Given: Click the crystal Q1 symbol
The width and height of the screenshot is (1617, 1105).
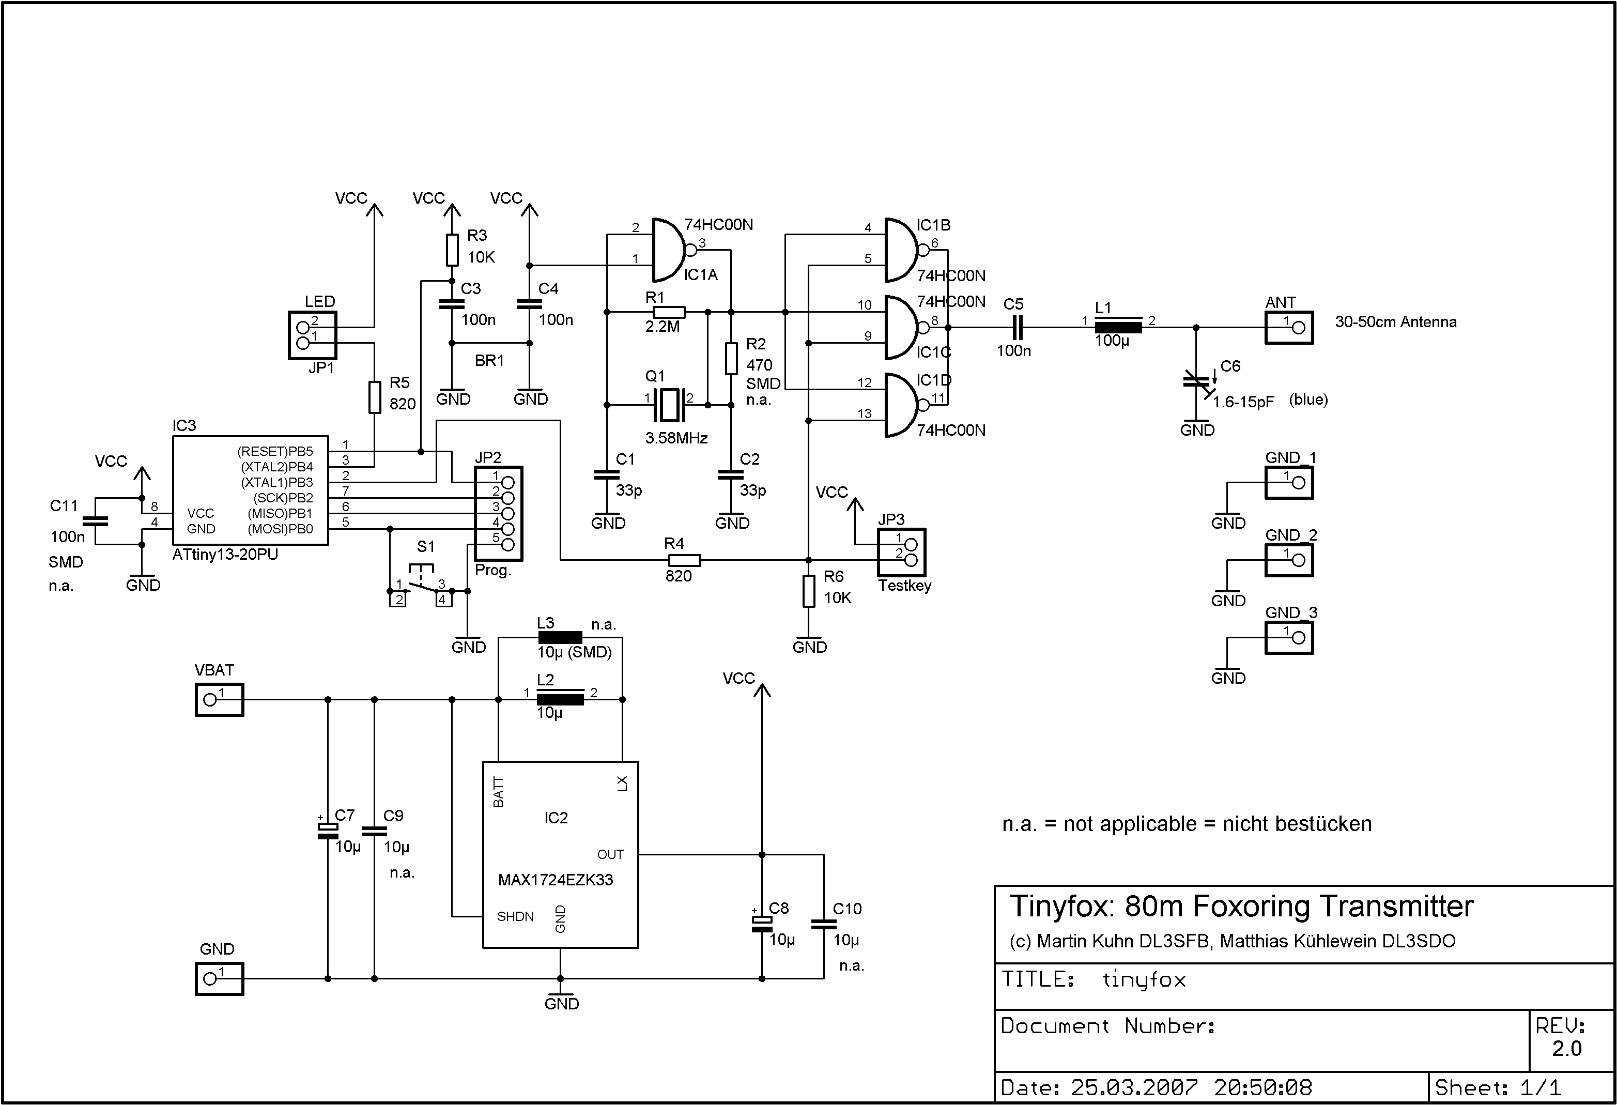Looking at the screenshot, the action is pos(669,404).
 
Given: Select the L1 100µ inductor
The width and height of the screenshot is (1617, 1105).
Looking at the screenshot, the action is pos(1118,327).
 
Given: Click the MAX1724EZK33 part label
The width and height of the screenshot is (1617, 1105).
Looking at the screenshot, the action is pos(555,880).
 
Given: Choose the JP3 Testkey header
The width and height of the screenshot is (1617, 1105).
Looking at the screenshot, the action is pos(902,552).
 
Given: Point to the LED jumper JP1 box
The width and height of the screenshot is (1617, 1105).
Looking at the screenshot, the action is pos(313,335).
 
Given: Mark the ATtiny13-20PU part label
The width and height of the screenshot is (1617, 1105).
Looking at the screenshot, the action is pos(225,555).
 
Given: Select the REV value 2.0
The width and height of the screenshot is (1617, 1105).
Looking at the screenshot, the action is pos(1567,1049).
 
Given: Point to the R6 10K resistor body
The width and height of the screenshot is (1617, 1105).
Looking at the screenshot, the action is pos(808,591).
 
